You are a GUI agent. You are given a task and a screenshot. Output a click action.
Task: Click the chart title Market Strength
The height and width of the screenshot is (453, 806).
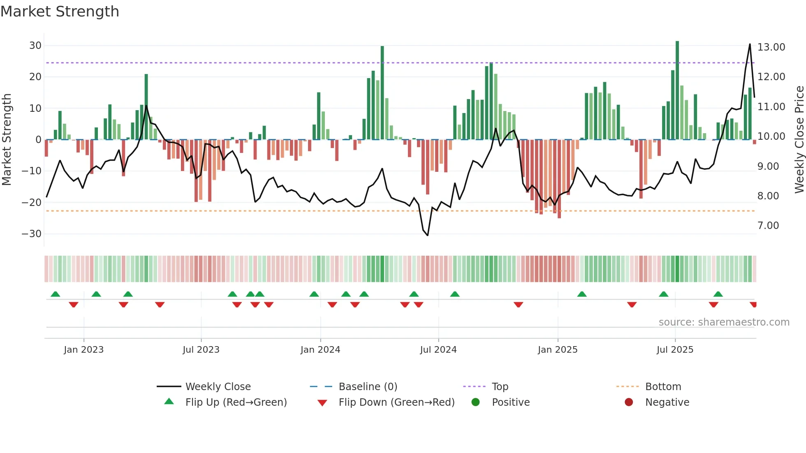click(x=60, y=12)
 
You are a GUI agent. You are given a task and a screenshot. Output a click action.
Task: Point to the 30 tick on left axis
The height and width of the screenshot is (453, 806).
click(x=35, y=46)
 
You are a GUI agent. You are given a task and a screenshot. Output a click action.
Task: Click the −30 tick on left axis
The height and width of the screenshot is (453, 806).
click(x=32, y=234)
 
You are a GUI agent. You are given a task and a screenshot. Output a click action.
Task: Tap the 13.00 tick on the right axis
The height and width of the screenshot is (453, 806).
click(x=771, y=47)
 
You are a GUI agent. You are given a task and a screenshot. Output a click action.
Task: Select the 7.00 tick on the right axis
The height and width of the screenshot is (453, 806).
click(x=768, y=226)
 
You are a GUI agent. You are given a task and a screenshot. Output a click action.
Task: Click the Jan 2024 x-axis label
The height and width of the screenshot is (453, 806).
click(x=320, y=350)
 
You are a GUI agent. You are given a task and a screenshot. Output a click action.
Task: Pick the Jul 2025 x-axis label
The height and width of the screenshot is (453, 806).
click(x=674, y=350)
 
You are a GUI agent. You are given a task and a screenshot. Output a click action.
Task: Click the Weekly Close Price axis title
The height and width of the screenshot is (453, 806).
click(x=799, y=139)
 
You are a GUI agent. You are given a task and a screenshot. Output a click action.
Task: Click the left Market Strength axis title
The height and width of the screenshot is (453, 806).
click(x=7, y=139)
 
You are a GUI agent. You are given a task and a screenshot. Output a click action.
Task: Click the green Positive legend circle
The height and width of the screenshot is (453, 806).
click(x=475, y=402)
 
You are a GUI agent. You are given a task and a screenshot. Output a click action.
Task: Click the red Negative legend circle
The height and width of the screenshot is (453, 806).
click(x=628, y=402)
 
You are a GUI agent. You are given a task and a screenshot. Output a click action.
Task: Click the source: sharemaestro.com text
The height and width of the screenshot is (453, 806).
click(x=724, y=322)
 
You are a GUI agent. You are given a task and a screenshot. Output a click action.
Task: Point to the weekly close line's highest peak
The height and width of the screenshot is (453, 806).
click(x=750, y=44)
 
